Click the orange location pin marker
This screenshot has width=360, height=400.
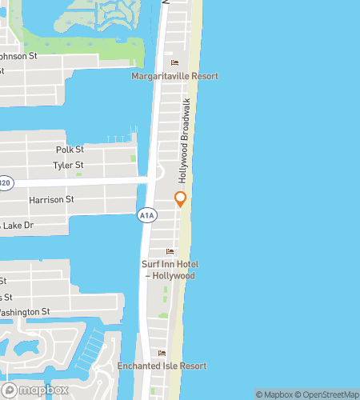[180, 199]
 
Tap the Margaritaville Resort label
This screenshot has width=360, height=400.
[175, 76]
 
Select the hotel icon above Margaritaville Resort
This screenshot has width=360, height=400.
[175, 63]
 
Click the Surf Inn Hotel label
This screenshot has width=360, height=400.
[170, 270]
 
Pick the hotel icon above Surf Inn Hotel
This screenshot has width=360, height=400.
[170, 252]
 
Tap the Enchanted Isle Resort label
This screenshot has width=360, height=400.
[162, 366]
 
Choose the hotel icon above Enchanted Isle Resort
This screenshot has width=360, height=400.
[162, 353]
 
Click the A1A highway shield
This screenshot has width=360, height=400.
[146, 215]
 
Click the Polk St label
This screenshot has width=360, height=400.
[70, 150]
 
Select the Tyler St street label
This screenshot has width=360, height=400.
[68, 165]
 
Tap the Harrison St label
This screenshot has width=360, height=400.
[51, 199]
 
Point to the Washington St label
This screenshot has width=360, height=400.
[24, 311]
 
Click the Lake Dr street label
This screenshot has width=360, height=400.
[18, 226]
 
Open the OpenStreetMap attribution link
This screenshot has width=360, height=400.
[328, 394]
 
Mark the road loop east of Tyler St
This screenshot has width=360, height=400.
[158, 171]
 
